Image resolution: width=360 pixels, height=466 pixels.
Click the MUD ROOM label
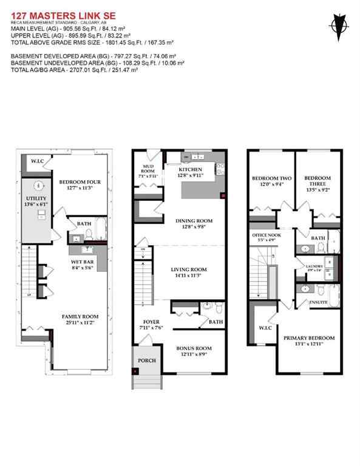point(149,167)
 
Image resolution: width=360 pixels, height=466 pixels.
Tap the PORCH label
point(147,360)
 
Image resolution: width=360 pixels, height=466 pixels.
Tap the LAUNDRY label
point(314,266)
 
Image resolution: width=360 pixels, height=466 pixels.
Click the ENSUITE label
point(318,302)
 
